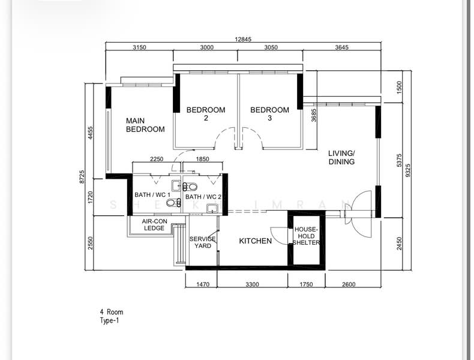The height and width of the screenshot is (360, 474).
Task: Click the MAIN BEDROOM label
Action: click(145, 125)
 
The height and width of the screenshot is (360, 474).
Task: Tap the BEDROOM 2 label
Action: click(206, 113)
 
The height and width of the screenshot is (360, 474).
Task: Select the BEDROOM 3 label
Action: click(269, 113)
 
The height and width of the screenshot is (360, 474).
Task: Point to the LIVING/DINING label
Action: click(341, 157)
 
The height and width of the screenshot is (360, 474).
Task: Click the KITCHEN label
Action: click(256, 241)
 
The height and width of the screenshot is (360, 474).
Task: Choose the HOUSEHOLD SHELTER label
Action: click(306, 236)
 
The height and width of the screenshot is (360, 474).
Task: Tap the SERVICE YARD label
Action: click(203, 242)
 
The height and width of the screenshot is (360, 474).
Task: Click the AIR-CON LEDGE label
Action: click(154, 224)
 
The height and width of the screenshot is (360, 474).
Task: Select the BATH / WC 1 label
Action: click(152, 195)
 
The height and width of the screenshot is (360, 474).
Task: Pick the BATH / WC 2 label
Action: click(203, 197)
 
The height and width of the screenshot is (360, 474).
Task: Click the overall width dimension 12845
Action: click(243, 39)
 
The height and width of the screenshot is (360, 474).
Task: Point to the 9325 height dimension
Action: click(408, 170)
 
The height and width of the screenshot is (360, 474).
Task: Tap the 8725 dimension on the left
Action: click(82, 177)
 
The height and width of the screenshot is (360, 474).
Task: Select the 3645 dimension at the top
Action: click(342, 47)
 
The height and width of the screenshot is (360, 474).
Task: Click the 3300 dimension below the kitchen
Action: click(252, 284)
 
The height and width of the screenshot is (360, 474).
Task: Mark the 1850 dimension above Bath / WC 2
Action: click(202, 159)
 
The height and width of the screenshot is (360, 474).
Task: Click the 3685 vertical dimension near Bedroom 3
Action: click(314, 115)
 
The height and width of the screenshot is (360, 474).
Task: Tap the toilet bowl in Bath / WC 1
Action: click(173, 203)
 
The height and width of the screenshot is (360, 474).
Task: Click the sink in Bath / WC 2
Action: click(212, 208)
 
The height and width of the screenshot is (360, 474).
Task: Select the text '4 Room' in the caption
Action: click(112, 312)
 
